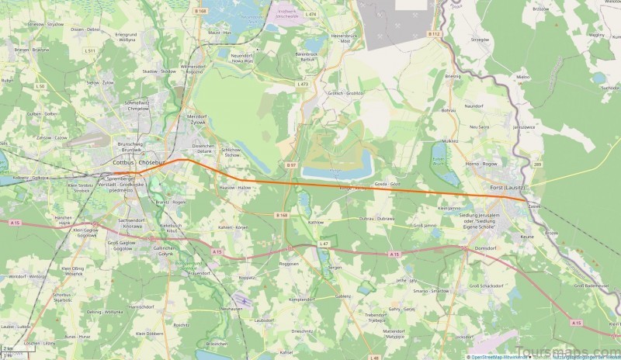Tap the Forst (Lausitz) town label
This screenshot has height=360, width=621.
pos(508,189)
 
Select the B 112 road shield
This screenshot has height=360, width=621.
pos(435,34)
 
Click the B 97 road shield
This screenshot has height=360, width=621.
pos(291,165)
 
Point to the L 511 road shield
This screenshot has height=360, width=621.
pos(91,50)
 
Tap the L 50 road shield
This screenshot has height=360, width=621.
pos(40,85)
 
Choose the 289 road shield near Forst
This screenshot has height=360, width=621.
pos(537,164)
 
